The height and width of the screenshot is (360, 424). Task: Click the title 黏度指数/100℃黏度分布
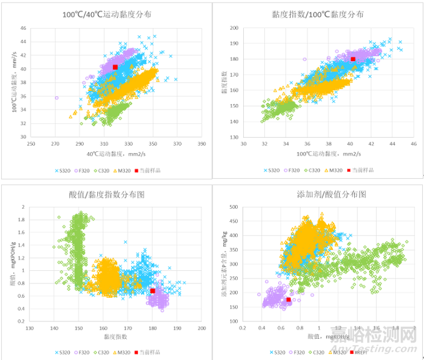pos(318,14)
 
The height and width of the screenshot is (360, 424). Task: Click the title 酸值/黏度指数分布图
pos(107,194)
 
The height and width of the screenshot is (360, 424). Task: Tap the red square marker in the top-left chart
pos(115,67)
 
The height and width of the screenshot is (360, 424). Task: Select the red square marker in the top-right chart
pos(353,59)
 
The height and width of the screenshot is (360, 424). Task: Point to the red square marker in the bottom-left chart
pos(153,291)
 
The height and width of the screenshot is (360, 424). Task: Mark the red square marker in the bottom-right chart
pos(288,300)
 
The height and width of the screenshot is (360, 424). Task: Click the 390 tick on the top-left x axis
pos(201,144)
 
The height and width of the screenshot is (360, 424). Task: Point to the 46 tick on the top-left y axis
pos(23,29)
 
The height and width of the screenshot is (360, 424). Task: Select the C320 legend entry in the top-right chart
pos(320,169)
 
